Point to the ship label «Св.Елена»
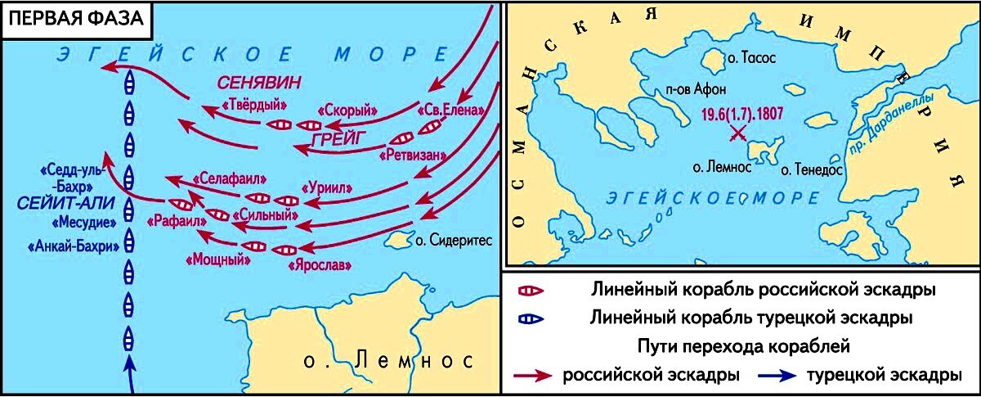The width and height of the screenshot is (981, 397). tap(445, 110)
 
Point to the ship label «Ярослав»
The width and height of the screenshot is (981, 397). tap(318, 264)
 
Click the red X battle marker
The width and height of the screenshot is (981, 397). tap(737, 133)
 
